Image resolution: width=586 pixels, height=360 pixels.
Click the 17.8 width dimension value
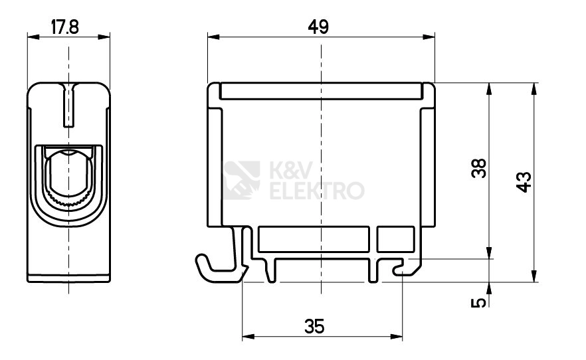[x=65, y=27]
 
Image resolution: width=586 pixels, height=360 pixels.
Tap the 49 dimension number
[x=318, y=27]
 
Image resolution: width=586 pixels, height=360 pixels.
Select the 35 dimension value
[x=314, y=326]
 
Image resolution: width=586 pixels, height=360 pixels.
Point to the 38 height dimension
[x=479, y=168]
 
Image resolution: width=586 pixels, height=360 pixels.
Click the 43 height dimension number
[x=524, y=182]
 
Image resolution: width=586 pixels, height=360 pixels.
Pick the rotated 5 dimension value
[x=479, y=302]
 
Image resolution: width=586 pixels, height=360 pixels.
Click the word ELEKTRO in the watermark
[x=317, y=191]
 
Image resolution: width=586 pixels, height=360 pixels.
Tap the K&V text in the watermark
[x=291, y=171]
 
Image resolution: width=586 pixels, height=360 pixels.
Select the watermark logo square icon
[x=241, y=181]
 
